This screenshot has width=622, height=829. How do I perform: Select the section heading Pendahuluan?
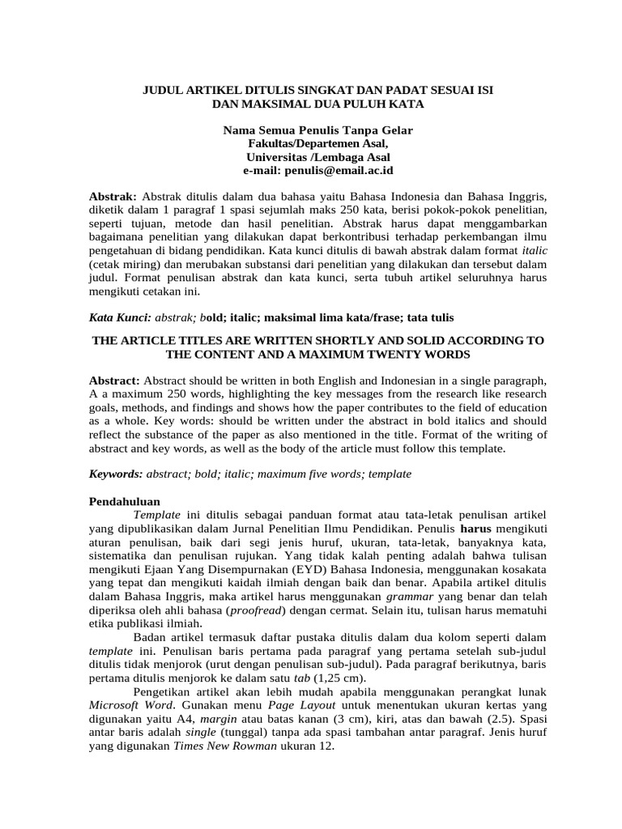pyautogui.click(x=124, y=501)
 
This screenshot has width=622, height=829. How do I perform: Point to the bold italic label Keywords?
pyautogui.click(x=116, y=474)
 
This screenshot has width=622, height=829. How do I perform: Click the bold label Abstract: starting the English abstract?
pyautogui.click(x=114, y=380)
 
